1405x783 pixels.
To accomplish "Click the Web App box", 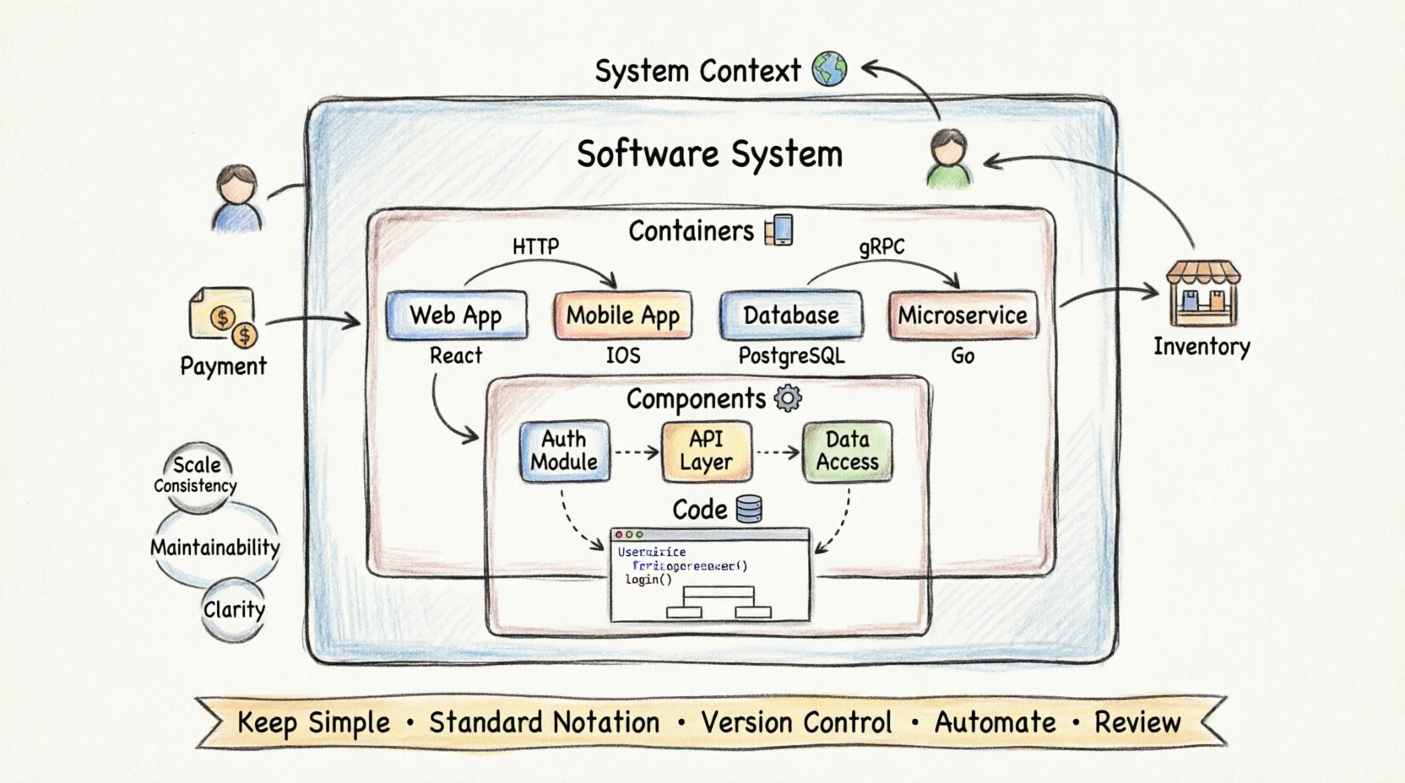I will point(456,316).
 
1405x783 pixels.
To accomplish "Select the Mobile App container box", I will point(622,316).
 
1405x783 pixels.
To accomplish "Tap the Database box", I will point(791,316).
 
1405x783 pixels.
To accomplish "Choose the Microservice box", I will point(963,316).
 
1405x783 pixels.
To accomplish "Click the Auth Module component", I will point(564,451).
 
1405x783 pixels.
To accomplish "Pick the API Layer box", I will point(706,451).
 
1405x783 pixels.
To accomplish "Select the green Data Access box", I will point(847,451).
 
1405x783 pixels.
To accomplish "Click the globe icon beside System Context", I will point(829,69).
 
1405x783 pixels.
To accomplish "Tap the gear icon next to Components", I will point(788,397).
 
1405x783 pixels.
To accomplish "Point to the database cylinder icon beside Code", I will point(749,509).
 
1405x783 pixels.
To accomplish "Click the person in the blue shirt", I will point(236,198).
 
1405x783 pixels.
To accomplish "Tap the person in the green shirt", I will point(949,158).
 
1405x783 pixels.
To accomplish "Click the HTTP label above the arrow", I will point(535,246).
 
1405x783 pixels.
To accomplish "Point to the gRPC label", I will point(882,246).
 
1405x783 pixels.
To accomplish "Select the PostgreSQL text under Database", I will point(791,356).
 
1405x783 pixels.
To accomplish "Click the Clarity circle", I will point(234,609).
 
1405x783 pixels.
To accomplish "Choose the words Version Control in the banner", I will point(795,723).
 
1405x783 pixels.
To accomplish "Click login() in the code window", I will point(648,580).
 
